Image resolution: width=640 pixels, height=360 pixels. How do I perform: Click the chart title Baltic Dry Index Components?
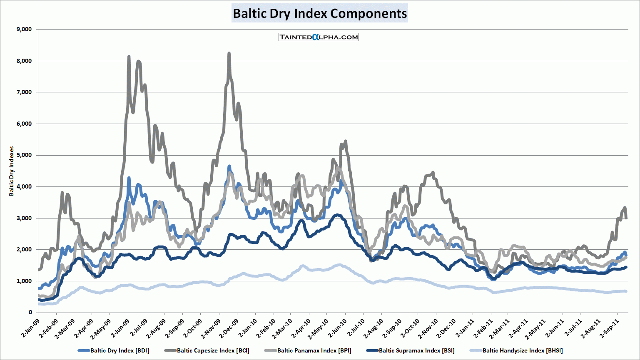point(319,13)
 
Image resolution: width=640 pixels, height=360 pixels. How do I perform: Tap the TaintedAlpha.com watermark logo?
point(319,37)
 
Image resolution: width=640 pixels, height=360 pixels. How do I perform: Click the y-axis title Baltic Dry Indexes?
point(12,171)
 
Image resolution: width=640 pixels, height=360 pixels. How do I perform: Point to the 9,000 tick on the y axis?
point(24,30)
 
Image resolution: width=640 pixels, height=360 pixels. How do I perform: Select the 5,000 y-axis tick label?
point(24,155)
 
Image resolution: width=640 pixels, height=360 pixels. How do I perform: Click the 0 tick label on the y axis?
point(30,313)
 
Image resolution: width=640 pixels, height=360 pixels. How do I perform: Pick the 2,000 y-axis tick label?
point(24,250)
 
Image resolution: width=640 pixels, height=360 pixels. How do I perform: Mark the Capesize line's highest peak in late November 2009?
point(229,54)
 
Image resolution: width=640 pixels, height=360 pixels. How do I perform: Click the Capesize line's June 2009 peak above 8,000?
point(129,57)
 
